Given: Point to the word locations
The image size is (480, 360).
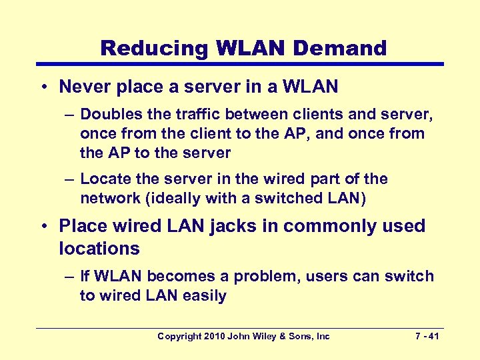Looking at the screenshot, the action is (99, 249).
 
